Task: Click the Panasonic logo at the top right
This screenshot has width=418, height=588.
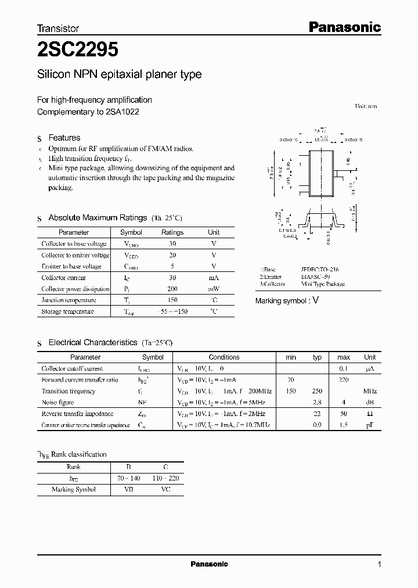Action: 344,27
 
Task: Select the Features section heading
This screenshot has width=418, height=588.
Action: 64,138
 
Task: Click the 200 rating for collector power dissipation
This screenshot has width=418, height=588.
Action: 172,289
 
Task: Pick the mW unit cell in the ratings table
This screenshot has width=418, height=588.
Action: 213,289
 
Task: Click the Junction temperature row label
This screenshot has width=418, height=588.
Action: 68,300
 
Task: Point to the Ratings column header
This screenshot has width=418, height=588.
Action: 172,232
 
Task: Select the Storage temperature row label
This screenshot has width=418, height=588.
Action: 67,311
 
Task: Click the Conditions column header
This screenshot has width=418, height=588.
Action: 224,357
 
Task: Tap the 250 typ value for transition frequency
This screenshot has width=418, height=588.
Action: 317,391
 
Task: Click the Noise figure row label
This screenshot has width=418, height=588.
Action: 58,402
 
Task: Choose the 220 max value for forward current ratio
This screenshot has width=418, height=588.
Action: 343,380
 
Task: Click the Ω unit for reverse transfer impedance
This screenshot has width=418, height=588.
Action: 370,414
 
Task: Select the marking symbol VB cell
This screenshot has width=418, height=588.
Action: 128,489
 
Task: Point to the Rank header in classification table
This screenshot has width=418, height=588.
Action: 74,467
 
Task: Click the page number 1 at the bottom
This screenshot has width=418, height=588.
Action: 380,564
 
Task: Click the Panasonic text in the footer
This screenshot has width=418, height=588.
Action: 209,564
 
